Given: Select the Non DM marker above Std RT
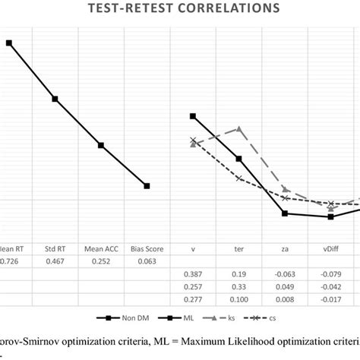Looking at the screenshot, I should click(x=55, y=99).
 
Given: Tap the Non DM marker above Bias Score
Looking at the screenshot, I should click(x=147, y=185).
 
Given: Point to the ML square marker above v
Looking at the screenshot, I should click(x=193, y=116).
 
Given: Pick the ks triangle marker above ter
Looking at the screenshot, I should click(x=238, y=129).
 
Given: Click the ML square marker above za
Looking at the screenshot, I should click(x=285, y=213).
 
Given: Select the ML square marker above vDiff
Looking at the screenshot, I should click(x=330, y=216).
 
